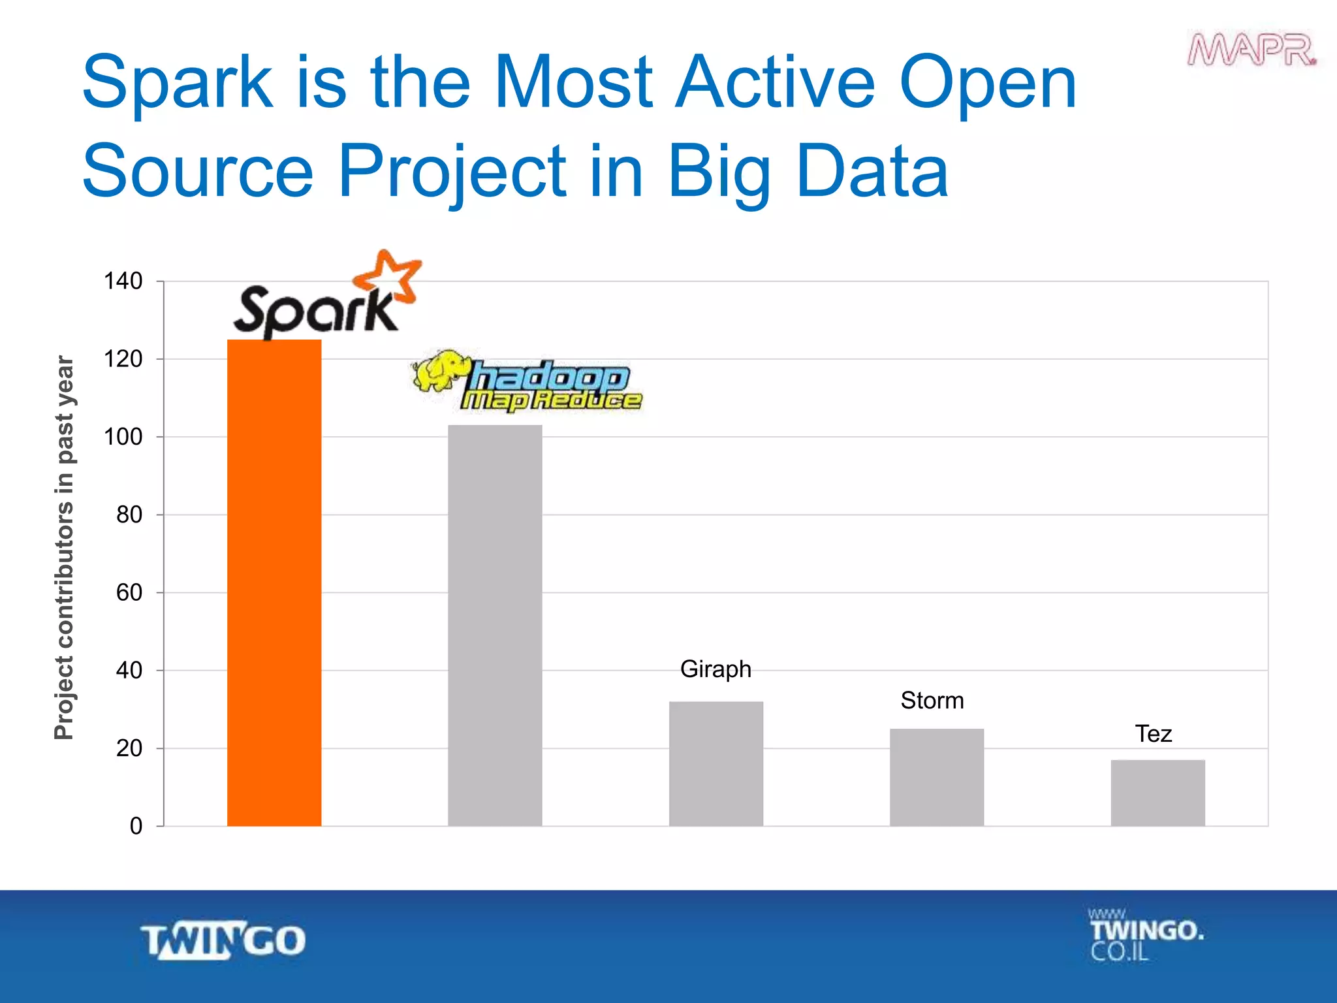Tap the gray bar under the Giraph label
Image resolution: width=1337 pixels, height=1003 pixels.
(x=716, y=763)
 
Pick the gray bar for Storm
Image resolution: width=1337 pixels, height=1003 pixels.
(x=936, y=777)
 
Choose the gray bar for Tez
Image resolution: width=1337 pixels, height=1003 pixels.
(x=1157, y=793)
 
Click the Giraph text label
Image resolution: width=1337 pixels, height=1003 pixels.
(x=716, y=669)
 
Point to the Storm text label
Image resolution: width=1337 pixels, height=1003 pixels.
(x=932, y=701)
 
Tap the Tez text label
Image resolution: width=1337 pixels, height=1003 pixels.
(x=1153, y=734)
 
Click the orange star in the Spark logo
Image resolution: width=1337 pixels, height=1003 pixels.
(x=389, y=277)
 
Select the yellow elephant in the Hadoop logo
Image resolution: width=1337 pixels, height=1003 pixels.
(x=440, y=370)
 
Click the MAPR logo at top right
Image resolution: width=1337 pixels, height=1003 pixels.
(x=1251, y=50)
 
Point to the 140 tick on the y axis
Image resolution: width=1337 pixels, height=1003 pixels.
(x=123, y=281)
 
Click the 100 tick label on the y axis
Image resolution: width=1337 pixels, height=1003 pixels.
(x=123, y=437)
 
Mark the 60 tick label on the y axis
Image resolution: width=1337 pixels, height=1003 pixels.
(x=129, y=593)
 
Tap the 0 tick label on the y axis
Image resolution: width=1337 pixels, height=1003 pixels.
(x=136, y=826)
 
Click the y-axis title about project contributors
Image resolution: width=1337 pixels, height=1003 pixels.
(x=64, y=547)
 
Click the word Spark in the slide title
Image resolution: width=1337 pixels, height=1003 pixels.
(x=177, y=83)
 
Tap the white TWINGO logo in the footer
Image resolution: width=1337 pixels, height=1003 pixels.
(x=223, y=940)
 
